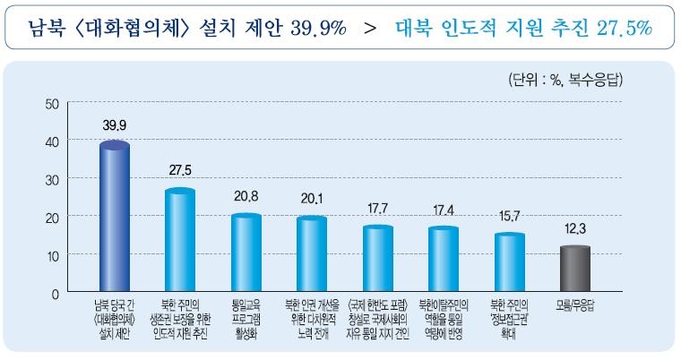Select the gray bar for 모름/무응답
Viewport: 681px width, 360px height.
pos(575,270)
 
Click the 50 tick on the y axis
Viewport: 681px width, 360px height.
pos(51,104)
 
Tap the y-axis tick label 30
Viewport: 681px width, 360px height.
pos(51,179)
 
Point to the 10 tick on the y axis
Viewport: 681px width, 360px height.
pos(51,255)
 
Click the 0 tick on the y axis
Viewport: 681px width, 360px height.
pos(55,293)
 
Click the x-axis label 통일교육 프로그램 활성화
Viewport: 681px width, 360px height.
pos(246,314)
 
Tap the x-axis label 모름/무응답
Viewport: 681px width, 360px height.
pos(575,304)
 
